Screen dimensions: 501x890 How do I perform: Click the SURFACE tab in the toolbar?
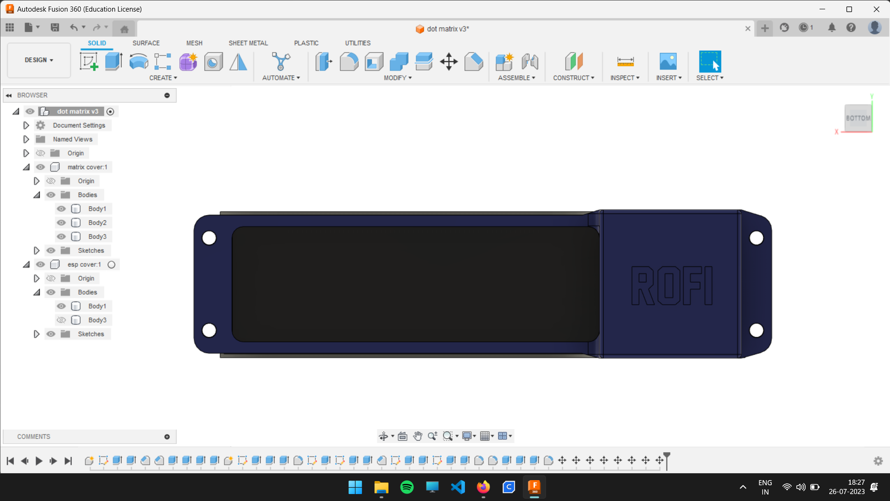point(146,43)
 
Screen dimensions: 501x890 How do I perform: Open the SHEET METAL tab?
point(248,43)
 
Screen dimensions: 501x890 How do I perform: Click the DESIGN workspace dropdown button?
point(39,60)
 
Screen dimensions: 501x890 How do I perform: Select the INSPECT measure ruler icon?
point(625,61)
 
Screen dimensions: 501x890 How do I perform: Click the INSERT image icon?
point(668,61)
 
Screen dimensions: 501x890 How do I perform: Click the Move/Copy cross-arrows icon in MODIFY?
point(449,61)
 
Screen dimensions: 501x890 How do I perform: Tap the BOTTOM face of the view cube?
point(858,118)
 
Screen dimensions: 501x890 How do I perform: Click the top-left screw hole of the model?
point(210,238)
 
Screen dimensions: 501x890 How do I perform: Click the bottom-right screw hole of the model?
point(756,330)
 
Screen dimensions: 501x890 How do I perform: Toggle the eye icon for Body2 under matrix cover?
point(61,223)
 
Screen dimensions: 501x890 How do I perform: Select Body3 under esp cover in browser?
point(97,320)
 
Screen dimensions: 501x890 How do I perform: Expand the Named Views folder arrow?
point(26,139)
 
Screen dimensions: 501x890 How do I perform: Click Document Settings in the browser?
point(79,125)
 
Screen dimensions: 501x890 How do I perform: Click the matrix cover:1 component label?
point(87,167)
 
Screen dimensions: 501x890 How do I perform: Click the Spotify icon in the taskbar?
point(407,487)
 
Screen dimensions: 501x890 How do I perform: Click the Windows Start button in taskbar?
point(355,487)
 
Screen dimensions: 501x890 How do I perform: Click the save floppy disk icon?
point(55,27)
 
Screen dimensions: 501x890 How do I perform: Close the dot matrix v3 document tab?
point(748,29)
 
